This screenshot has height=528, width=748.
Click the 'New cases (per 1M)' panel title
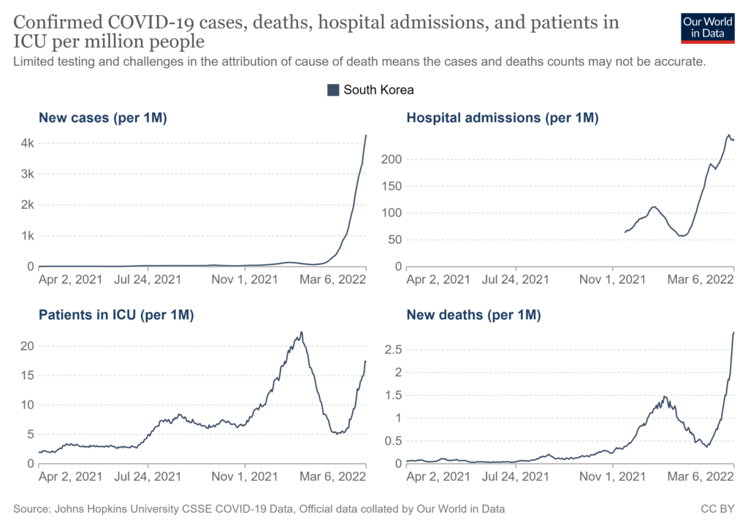pyautogui.click(x=103, y=118)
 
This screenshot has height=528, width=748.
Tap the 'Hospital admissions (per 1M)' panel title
pyautogui.click(x=503, y=118)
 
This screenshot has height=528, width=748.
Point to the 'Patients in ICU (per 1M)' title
pyautogui.click(x=115, y=315)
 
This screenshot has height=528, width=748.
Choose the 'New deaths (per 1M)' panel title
pyautogui.click(x=473, y=315)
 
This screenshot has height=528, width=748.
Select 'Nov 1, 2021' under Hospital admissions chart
pyautogui.click(x=612, y=279)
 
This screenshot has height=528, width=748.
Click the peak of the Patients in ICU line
pyautogui.click(x=301, y=332)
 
